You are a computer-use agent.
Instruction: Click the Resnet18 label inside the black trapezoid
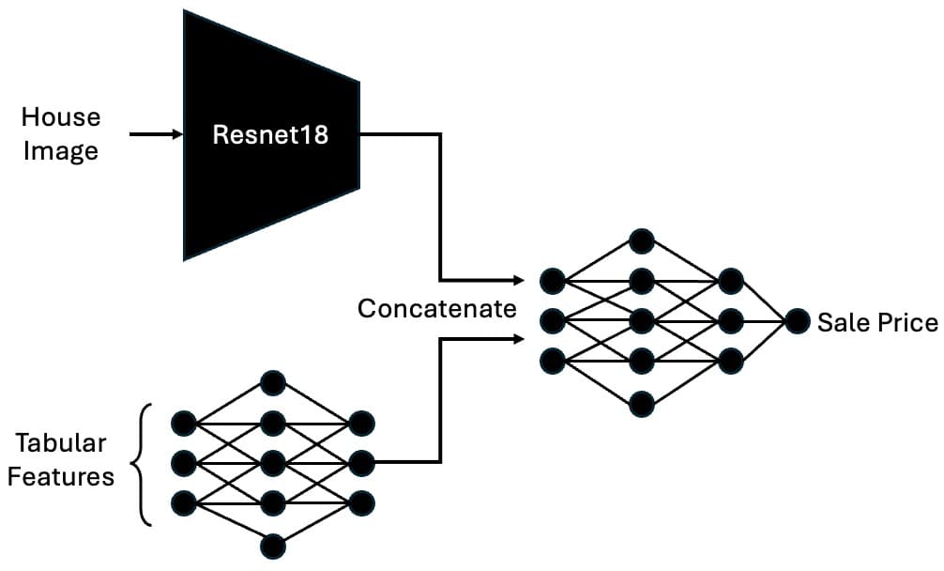270,134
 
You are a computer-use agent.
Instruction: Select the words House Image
61,134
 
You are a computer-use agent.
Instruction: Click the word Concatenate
437,309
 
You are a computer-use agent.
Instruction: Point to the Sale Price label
876,323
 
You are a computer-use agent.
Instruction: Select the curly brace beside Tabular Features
144,463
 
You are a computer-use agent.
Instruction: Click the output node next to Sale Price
798,321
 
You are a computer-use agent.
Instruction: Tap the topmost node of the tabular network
272,382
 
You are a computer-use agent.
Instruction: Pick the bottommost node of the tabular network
272,545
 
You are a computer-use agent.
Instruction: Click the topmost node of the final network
641,240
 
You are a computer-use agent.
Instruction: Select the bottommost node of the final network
641,403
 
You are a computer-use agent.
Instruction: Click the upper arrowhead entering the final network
518,281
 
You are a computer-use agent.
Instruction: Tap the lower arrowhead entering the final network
518,338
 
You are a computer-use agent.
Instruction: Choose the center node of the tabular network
272,463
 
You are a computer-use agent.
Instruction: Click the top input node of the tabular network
184,423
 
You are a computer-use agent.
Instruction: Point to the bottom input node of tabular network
184,503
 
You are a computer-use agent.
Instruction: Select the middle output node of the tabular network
361,462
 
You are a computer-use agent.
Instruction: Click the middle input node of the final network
553,321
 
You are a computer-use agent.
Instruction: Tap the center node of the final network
641,321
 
